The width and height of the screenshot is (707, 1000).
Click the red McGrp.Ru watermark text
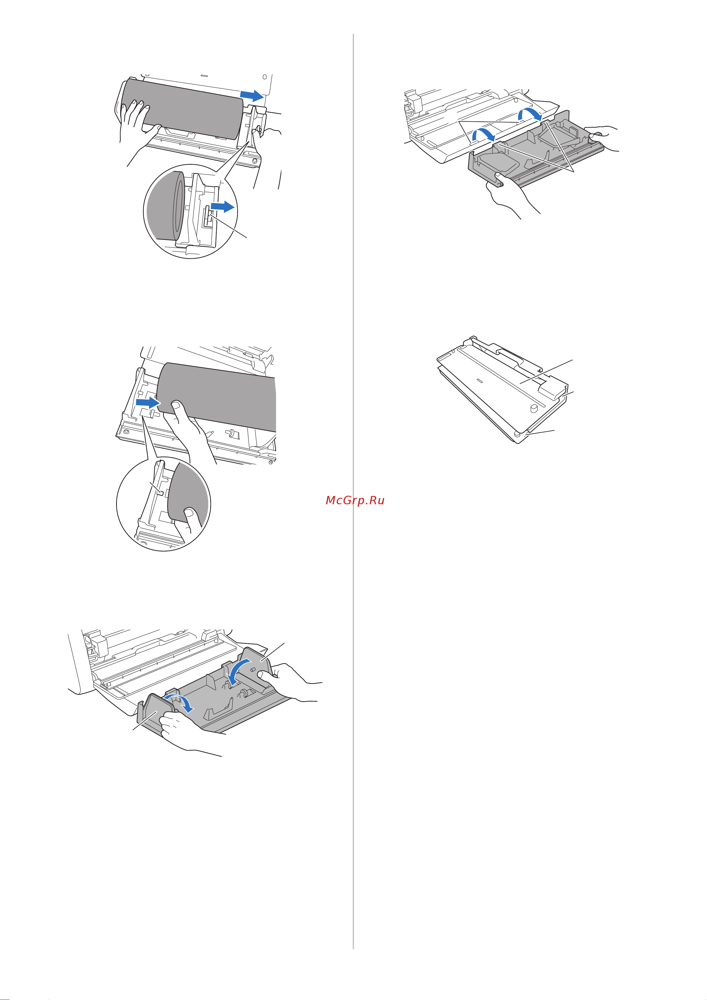click(355, 500)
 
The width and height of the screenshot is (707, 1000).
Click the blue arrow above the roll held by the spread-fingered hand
click(251, 95)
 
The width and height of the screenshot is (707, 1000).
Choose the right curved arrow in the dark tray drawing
click(530, 114)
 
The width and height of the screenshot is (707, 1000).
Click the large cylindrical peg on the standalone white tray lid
click(533, 408)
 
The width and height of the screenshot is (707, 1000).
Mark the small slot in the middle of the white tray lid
click(480, 380)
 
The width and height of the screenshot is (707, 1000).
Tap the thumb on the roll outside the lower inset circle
click(178, 409)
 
